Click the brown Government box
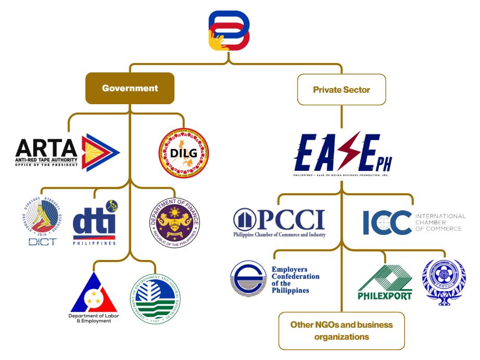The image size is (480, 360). click(130, 88)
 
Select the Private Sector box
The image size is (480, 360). click(342, 90)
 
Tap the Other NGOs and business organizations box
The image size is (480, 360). click(342, 331)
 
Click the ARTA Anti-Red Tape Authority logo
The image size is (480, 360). click(68, 152)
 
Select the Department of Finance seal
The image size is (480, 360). click(174, 221)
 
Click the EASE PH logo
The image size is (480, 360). click(342, 154)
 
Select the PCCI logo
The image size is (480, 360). click(279, 222)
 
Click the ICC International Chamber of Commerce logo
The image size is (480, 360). click(414, 222)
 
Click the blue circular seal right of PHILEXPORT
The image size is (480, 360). click(444, 282)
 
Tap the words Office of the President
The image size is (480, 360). click(47, 165)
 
